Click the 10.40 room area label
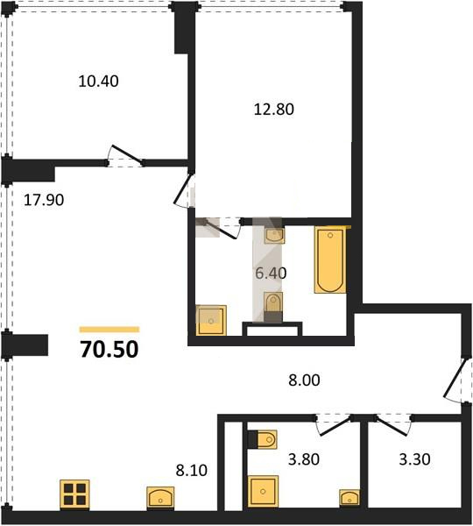[98, 82]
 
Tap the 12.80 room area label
[274, 110]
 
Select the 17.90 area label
[44, 200]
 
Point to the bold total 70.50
[109, 349]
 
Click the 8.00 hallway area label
[304, 380]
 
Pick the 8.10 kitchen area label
[192, 470]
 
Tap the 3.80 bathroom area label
[304, 459]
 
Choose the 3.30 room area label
[414, 459]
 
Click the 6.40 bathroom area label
[271, 273]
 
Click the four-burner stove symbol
[74, 494]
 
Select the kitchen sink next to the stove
[160, 498]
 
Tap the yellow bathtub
[330, 260]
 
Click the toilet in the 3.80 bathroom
[263, 439]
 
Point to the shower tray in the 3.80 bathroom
[263, 491]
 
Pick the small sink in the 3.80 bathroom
[349, 497]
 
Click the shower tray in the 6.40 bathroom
[211, 320]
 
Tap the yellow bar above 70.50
[109, 330]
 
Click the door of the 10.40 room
[126, 156]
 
